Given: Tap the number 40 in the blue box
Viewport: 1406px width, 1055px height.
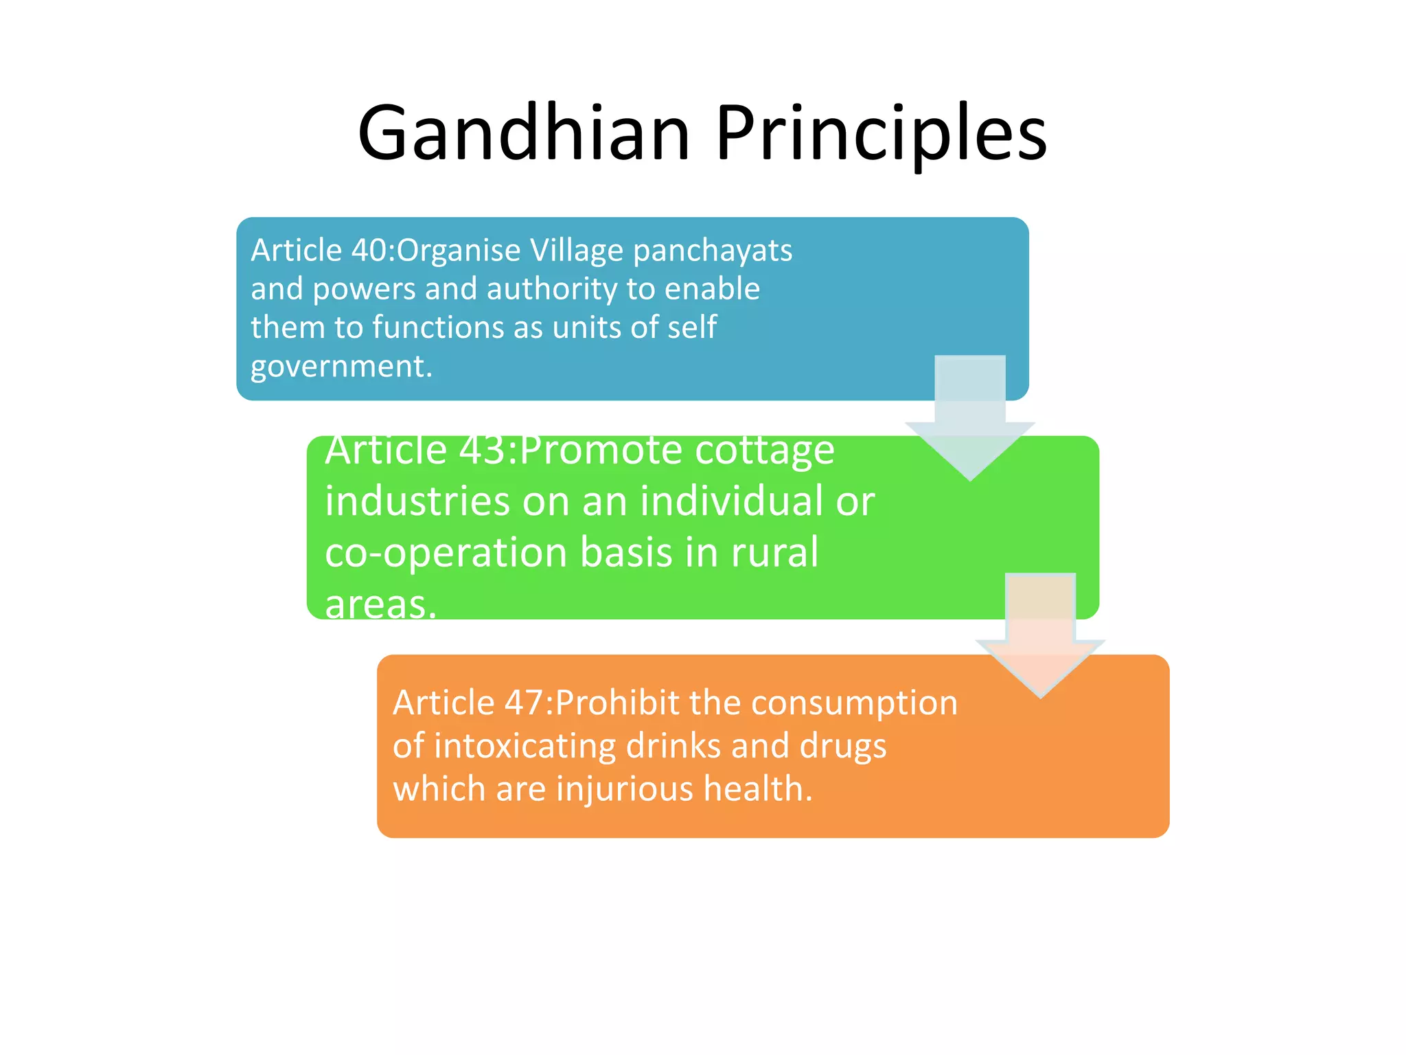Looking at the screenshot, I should click(x=369, y=250).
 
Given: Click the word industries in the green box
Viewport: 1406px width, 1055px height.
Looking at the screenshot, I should click(x=417, y=501).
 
